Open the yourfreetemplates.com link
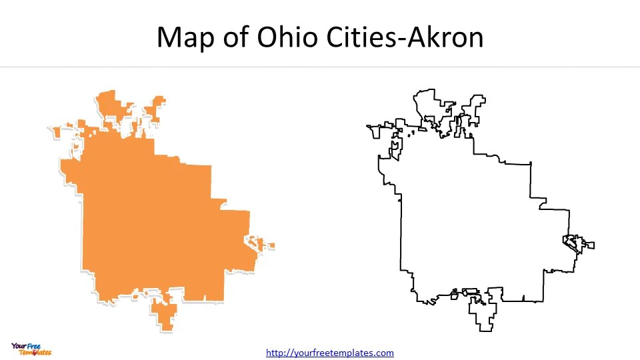click(330, 353)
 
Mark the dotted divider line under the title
click(320, 67)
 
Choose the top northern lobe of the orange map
click(109, 104)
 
